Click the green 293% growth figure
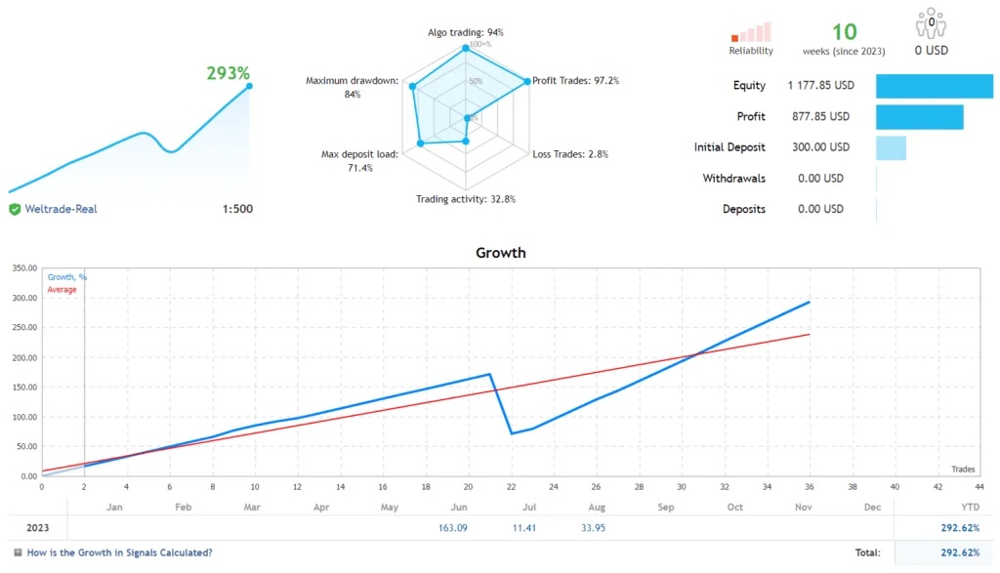point(228,73)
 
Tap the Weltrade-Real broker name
point(61,209)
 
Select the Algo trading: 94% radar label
point(465,32)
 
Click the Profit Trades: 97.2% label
point(575,81)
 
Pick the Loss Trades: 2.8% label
point(570,154)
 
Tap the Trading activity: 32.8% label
point(466,199)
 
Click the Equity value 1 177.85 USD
point(820,86)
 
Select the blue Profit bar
point(919,117)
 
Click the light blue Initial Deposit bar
point(891,148)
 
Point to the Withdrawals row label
point(734,179)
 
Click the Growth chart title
point(500,253)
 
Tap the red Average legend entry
point(62,290)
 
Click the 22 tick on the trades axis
point(511,486)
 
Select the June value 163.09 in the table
point(454,529)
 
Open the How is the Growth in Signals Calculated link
point(119,553)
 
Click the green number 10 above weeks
point(844,32)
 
